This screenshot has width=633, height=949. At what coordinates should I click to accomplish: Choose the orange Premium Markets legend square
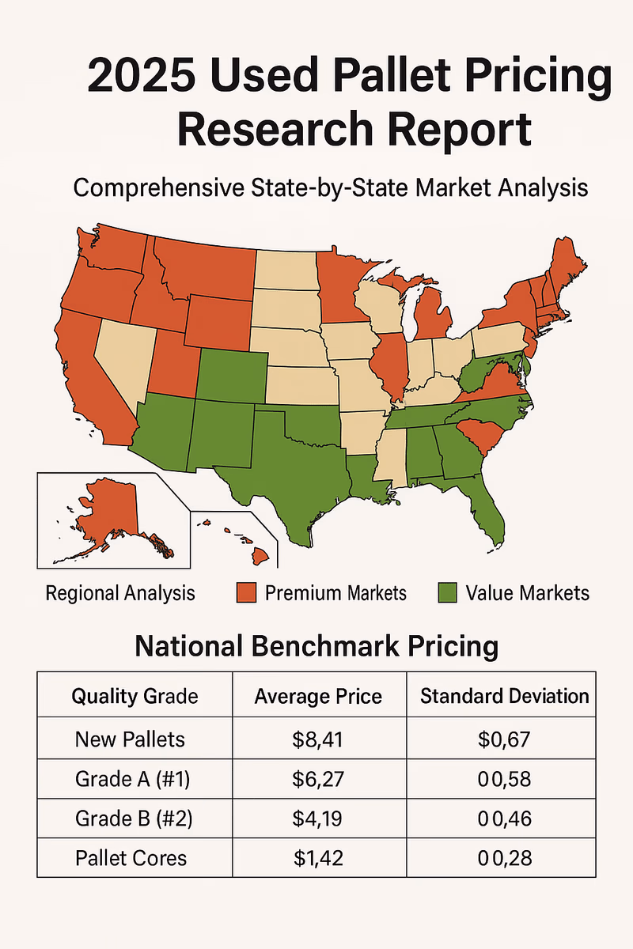pyautogui.click(x=247, y=592)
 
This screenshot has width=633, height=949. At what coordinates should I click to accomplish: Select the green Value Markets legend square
pyautogui.click(x=448, y=592)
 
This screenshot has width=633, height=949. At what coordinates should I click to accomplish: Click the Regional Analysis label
pyautogui.click(x=120, y=593)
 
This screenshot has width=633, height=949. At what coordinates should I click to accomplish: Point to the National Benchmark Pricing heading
pyautogui.click(x=316, y=646)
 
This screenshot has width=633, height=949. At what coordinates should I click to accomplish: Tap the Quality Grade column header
pyautogui.click(x=135, y=696)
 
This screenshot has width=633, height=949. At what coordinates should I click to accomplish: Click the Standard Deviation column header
pyautogui.click(x=504, y=696)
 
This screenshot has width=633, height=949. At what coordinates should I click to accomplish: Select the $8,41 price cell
pyautogui.click(x=317, y=739)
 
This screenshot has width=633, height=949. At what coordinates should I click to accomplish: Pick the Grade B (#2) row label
pyautogui.click(x=134, y=818)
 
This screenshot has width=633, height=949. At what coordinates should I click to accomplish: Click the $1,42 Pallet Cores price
pyautogui.click(x=317, y=856)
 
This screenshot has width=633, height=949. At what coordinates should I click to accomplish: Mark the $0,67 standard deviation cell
pyautogui.click(x=504, y=739)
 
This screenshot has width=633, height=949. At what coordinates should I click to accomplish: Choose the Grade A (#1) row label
pyautogui.click(x=134, y=779)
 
